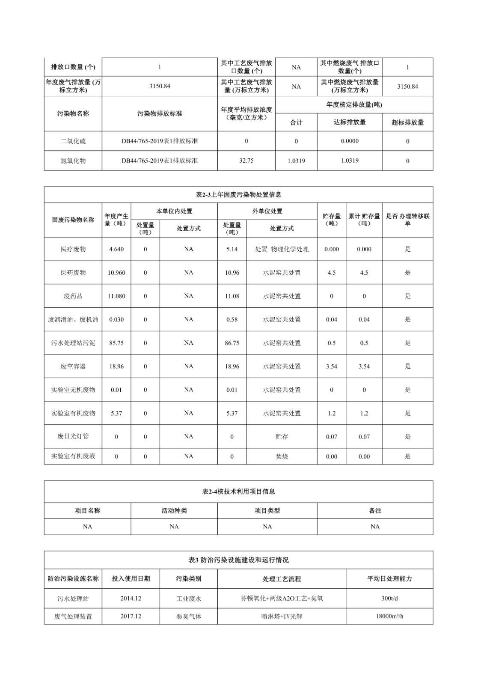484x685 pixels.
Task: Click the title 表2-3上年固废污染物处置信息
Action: click(238, 195)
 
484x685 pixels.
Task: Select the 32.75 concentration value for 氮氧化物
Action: click(246, 161)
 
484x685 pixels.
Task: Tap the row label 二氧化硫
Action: click(73, 141)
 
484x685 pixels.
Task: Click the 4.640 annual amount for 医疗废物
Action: click(116, 249)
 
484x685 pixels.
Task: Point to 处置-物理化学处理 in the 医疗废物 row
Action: click(282, 249)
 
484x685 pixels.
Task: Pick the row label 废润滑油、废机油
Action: click(73, 319)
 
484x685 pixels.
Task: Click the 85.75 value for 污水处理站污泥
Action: click(116, 343)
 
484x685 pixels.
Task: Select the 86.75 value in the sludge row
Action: click(232, 343)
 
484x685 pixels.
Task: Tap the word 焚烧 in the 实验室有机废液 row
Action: click(282, 456)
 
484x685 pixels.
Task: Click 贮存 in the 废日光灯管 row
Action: click(282, 437)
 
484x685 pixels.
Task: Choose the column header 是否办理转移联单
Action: click(407, 220)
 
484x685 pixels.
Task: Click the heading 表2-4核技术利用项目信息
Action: click(238, 491)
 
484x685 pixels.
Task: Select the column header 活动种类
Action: click(174, 511)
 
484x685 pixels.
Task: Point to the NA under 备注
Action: click(375, 527)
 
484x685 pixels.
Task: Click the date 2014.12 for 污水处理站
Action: click(131, 599)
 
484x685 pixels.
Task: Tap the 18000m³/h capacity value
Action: click(389, 616)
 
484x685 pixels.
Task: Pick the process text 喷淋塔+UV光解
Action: click(282, 616)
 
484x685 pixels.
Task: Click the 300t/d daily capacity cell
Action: click(389, 599)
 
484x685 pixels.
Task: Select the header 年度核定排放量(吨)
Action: click(354, 105)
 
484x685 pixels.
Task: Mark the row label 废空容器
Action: click(73, 366)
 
